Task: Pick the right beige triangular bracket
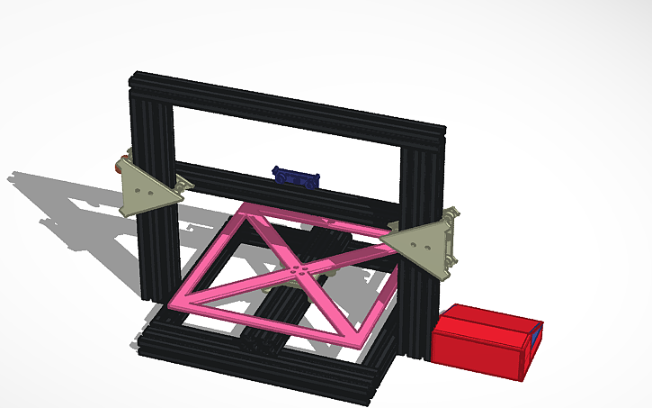pos(431,241)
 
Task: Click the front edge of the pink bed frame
pos(270,320)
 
